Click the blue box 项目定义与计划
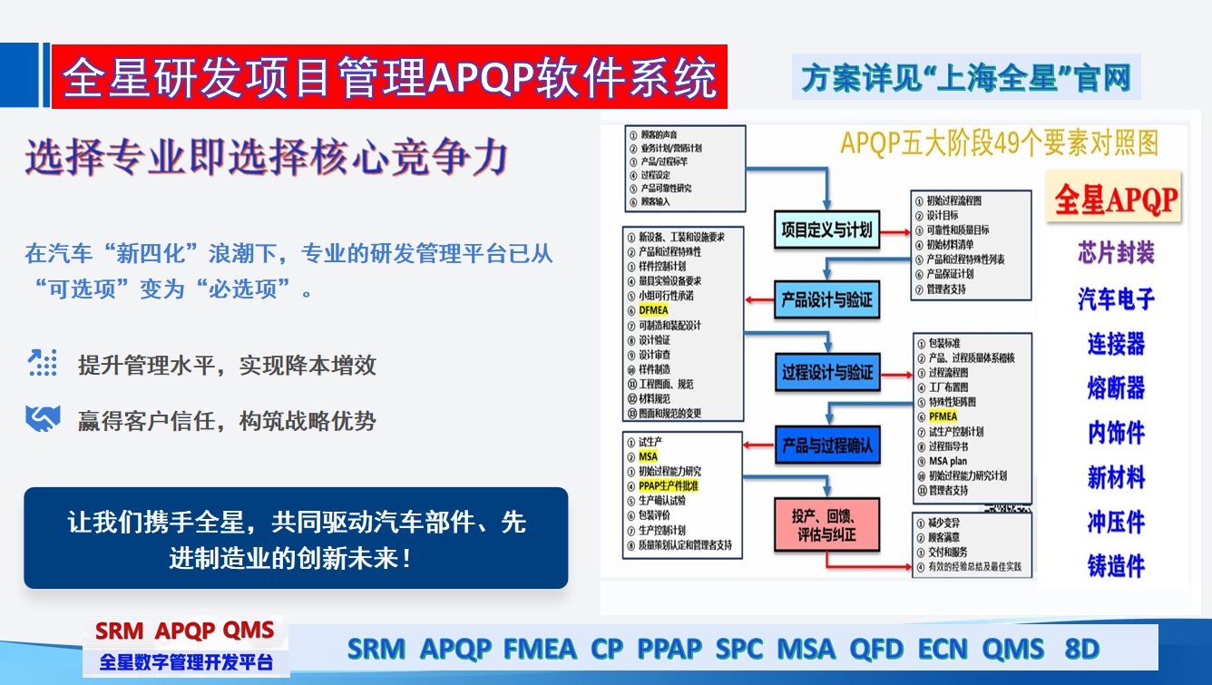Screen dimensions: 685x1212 tap(826, 230)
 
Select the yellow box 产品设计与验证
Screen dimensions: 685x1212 tap(826, 299)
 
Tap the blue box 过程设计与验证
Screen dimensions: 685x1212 tap(826, 372)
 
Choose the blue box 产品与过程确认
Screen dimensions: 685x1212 tap(826, 445)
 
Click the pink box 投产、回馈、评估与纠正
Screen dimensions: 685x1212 tap(826, 524)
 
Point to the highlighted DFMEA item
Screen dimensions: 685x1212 tap(653, 310)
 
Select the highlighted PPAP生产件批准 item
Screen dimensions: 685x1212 tap(669, 486)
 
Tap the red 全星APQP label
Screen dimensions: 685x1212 tap(1115, 199)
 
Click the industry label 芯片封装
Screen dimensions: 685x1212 tap(1116, 252)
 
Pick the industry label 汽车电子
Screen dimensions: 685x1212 tap(1116, 298)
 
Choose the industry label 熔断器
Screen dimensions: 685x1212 tap(1116, 388)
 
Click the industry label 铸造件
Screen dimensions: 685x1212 tap(1116, 566)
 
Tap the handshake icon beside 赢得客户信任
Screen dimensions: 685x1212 tap(42, 419)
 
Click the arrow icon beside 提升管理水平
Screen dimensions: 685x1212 tap(42, 363)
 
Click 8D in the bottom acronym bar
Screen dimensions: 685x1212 tap(1081, 650)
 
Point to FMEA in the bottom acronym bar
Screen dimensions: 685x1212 tap(540, 650)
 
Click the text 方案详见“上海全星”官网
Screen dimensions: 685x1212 tap(966, 78)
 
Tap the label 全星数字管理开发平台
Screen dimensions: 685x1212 tap(186, 661)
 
